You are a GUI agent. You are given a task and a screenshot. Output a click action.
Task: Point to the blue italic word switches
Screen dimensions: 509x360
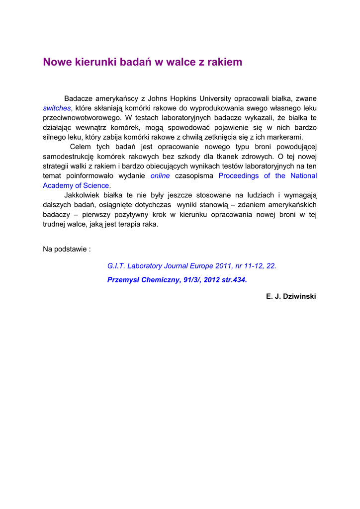[57, 108]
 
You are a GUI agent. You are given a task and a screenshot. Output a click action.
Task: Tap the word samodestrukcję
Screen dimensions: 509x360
[68, 157]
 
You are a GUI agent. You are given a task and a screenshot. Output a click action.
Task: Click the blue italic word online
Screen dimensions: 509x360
[160, 176]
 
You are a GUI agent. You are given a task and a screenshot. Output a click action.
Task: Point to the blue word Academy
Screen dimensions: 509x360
[57, 185]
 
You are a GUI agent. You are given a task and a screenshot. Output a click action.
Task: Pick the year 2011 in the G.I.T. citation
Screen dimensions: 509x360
[224, 266]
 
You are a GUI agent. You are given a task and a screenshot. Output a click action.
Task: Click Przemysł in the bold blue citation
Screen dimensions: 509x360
[123, 280]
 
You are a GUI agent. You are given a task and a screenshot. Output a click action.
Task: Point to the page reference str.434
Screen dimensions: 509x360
[232, 280]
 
